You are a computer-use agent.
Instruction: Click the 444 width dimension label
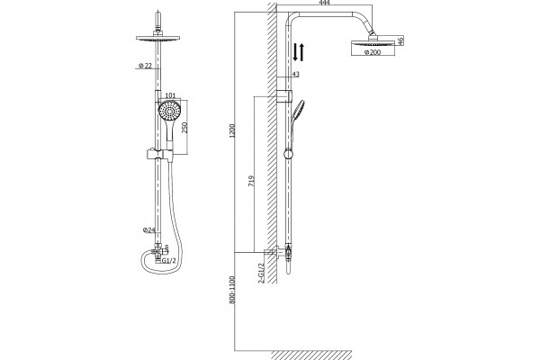point(324,3)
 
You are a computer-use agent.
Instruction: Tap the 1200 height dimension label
point(232,130)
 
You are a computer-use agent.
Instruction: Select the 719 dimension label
point(252,181)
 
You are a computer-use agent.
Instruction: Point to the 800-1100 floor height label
point(232,290)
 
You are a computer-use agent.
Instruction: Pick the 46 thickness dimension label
point(400,40)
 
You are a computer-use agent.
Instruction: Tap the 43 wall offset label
point(295,74)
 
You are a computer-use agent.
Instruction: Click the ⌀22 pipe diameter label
point(145,66)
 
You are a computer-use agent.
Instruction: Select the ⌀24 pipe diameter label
point(149,230)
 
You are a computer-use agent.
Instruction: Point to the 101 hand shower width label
point(170,95)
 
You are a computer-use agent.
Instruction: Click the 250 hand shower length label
point(184,128)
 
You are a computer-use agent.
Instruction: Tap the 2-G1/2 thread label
point(261,274)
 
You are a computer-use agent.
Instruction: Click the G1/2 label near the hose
point(169,261)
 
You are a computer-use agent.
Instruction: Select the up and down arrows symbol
point(298,52)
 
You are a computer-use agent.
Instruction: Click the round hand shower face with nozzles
point(169,111)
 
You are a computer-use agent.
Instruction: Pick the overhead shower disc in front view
point(158,38)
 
